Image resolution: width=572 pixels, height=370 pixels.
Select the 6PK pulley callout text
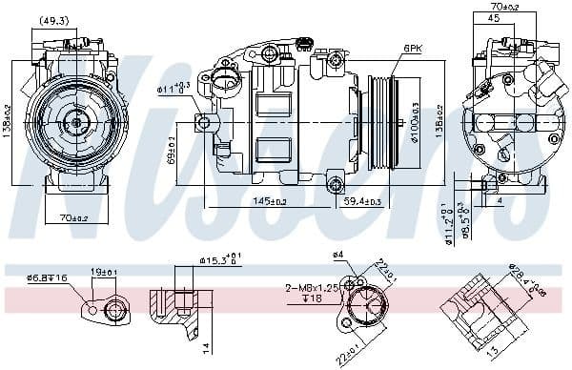(412, 47)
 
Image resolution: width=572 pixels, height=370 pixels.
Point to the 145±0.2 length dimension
(270, 201)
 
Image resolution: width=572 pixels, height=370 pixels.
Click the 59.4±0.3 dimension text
(361, 201)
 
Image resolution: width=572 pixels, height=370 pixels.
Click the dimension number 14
(205, 347)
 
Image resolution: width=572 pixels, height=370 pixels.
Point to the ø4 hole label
(337, 255)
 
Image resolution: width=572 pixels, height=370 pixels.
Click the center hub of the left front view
(75, 121)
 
